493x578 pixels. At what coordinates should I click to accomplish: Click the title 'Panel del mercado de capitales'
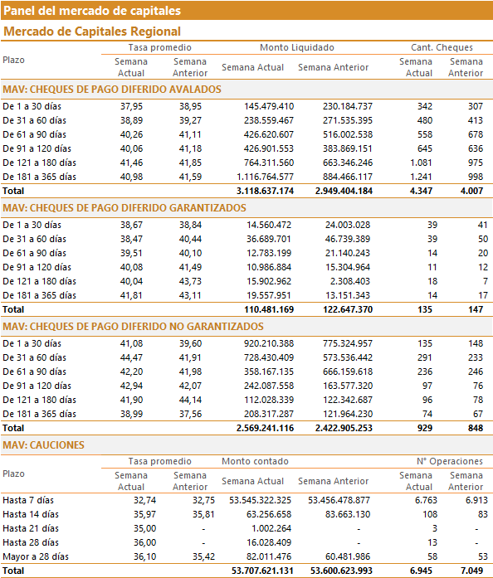(x=92, y=10)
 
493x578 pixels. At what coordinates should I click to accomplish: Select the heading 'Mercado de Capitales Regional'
(x=92, y=32)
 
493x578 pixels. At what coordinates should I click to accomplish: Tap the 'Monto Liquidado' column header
(x=296, y=47)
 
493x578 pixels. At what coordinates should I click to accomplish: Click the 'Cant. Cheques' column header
(x=442, y=47)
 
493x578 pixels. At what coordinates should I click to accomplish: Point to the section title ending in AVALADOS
(x=112, y=90)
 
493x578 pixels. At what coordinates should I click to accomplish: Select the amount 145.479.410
(x=269, y=106)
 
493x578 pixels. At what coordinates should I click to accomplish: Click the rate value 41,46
(x=131, y=163)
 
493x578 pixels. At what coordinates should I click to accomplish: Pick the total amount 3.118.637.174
(x=265, y=191)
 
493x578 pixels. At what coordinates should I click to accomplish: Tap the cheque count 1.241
(x=421, y=177)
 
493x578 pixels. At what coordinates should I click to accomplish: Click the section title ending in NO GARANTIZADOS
(x=133, y=327)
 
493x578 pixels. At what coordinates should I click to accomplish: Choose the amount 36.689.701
(x=269, y=239)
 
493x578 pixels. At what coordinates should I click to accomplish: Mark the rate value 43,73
(x=190, y=282)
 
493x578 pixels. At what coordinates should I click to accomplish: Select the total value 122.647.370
(x=348, y=309)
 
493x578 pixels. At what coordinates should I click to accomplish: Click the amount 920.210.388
(x=269, y=343)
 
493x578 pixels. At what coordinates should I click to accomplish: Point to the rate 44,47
(x=131, y=357)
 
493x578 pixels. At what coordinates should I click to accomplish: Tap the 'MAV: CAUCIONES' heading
(x=43, y=445)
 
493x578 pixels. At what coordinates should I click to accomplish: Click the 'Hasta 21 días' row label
(x=31, y=528)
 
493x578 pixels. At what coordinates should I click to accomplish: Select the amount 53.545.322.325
(x=260, y=500)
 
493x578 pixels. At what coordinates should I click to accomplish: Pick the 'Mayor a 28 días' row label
(x=36, y=556)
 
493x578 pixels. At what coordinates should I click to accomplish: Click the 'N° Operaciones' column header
(x=450, y=461)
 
